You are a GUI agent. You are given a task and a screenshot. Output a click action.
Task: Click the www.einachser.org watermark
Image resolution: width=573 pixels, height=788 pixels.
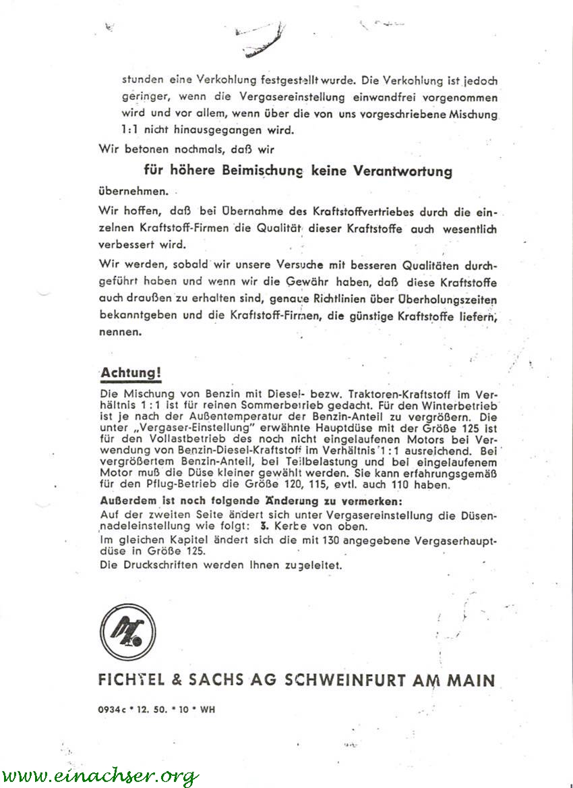tap(99, 775)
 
